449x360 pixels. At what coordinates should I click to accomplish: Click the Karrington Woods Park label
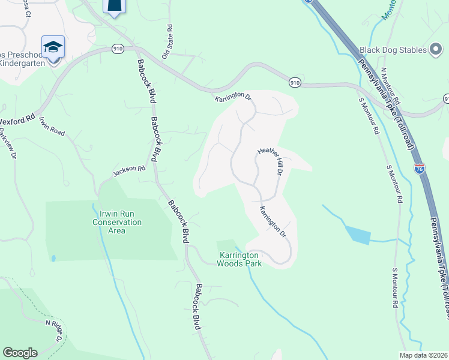click(240, 259)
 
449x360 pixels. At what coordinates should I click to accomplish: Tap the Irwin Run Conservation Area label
click(117, 222)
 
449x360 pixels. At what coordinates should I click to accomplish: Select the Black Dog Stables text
click(392, 50)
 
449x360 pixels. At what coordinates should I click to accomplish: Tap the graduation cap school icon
click(53, 47)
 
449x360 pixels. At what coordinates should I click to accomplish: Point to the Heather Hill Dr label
click(270, 161)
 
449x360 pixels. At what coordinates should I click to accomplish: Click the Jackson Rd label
click(130, 172)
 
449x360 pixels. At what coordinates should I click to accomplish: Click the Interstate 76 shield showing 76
click(420, 169)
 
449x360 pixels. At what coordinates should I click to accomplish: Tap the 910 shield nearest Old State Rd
click(117, 47)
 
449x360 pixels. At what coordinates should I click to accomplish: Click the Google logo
click(20, 353)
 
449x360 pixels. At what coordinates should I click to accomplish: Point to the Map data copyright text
click(423, 355)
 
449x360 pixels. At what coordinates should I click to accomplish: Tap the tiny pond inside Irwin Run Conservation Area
click(53, 259)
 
